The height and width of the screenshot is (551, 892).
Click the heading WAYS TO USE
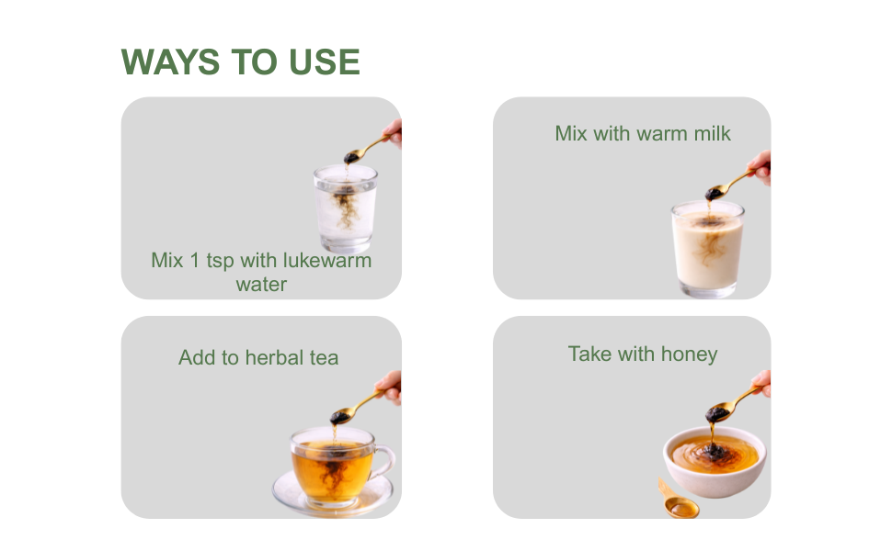click(241, 62)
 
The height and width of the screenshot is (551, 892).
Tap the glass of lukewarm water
click(346, 208)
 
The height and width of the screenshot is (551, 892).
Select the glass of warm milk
click(708, 249)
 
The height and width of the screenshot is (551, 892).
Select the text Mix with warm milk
click(643, 133)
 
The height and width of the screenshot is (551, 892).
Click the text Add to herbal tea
click(258, 358)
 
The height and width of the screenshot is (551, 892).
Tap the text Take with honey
click(643, 354)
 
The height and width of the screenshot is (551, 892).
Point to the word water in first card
click(261, 284)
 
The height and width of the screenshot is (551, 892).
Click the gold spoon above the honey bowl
click(732, 404)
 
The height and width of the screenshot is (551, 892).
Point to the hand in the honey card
click(761, 383)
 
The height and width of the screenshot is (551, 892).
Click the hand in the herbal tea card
click(389, 387)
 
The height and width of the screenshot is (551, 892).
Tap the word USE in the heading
click(325, 62)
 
